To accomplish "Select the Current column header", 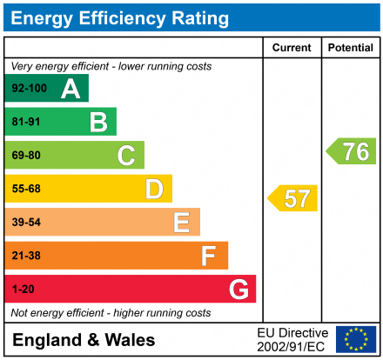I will coord(292,48).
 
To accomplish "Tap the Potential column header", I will coord(350,48).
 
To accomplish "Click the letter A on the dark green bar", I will coord(71,89).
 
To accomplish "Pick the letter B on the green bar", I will coord(98,122).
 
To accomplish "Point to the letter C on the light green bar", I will coord(126,156).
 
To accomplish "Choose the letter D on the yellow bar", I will coord(154,189).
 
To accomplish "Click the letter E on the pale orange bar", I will coord(181,223).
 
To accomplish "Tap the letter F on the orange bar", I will coord(209,256).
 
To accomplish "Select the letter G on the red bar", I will coord(238,289).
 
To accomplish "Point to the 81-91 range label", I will coord(26,122).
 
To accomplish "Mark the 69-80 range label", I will coord(26,156).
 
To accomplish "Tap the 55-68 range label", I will coord(26,189).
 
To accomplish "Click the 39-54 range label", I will coord(26,223).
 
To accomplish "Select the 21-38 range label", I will coord(26,256).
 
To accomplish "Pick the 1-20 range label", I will coord(23,289).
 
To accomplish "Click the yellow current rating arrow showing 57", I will coord(293,198).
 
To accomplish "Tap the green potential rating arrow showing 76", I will coord(352,151).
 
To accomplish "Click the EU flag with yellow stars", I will coord(356,339).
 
